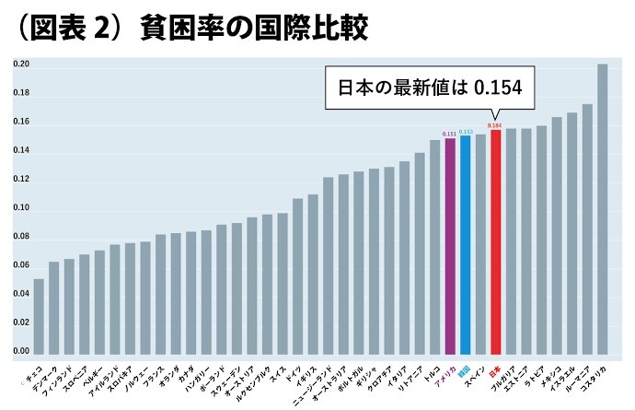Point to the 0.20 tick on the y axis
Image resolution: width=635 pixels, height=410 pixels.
pos(21,65)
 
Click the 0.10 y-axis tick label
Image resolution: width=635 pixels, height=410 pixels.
pos(21,209)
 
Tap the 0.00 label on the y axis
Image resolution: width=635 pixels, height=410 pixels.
pos(21,352)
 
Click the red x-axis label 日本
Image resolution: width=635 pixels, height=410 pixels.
pos(492,366)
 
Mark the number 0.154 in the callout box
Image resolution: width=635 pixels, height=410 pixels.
pos(497,88)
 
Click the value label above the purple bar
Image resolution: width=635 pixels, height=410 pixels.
pos(450,135)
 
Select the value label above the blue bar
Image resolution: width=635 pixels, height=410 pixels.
pos(465,132)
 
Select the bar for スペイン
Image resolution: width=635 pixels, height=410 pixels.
pos(480,244)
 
